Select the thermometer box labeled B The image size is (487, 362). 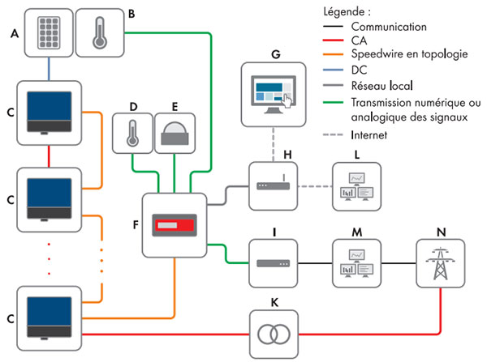pos(102,32)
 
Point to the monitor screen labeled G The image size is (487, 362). pos(276,91)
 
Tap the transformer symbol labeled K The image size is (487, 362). pos(276,334)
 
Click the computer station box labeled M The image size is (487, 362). pos(356,263)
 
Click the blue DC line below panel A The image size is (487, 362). pos(50,70)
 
